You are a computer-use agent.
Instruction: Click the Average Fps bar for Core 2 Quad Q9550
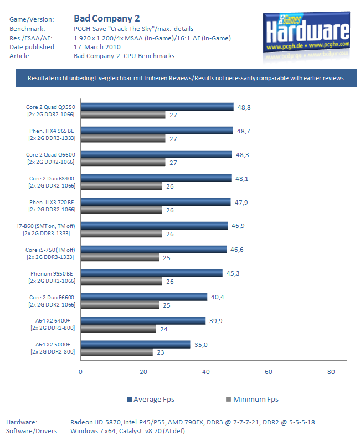tap(157, 107)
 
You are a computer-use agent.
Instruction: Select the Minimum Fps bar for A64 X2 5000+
tap(117, 352)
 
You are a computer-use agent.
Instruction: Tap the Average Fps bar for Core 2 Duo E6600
tap(144, 297)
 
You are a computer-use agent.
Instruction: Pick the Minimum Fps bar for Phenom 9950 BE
tap(121, 281)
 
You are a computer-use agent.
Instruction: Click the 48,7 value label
tap(244, 131)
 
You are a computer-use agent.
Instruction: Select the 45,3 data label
tap(233, 273)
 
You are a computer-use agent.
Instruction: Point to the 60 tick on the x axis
tap(269, 372)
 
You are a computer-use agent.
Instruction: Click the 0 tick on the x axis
tap(81, 372)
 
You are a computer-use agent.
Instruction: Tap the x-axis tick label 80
tap(331, 372)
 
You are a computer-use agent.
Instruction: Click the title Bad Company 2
tap(107, 18)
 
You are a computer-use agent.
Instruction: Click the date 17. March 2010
tap(97, 47)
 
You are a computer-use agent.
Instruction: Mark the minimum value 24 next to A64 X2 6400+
tap(163, 329)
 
